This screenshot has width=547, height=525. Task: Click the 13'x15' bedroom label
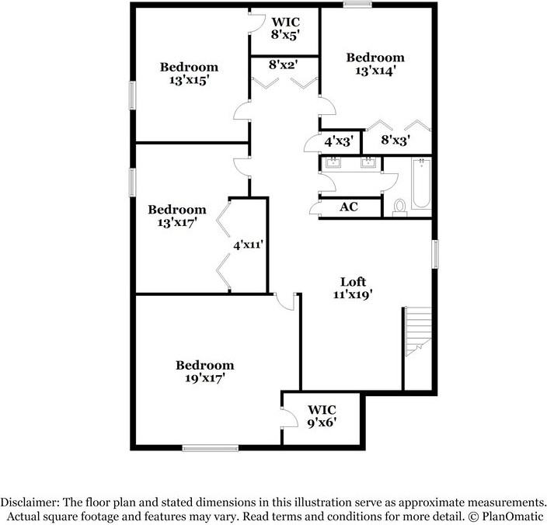pos(189,73)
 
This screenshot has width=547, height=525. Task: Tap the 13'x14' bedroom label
pos(375,64)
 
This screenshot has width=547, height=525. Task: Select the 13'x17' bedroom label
pos(177,215)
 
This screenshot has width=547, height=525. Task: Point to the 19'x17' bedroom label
pos(204,371)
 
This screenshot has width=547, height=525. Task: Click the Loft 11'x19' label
pos(353,288)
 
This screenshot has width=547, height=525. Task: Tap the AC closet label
pos(349,207)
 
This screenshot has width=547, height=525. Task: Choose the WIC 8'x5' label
pos(285,27)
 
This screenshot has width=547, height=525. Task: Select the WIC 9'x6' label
pos(322,415)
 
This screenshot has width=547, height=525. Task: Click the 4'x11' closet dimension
pos(249,244)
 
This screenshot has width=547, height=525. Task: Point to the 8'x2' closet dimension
pos(284,66)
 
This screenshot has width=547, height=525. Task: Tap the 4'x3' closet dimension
pos(339,141)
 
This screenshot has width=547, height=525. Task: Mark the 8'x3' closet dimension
pos(395,141)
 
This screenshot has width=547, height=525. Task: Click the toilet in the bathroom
pos(400,207)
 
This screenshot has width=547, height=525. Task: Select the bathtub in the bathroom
pos(420,184)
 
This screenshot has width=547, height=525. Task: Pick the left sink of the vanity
pos(335,163)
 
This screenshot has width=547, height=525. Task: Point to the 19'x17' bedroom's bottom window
pos(210,447)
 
